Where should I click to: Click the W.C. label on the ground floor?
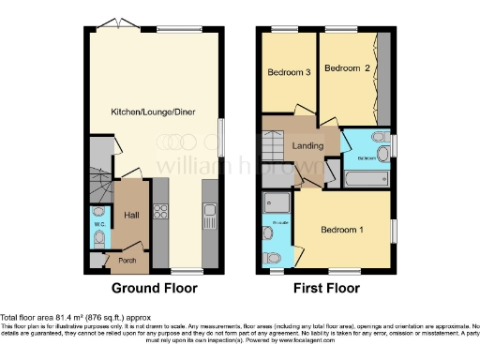click(98, 224)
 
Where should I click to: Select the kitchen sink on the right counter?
click(209, 222)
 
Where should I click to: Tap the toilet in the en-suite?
click(270, 255)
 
